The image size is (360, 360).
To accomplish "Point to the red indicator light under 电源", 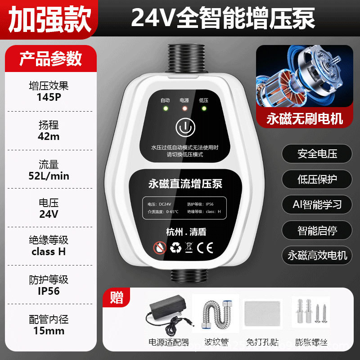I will (184, 108).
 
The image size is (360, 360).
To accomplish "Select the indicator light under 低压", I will (203, 108).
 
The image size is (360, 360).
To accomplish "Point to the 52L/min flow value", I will (49, 175).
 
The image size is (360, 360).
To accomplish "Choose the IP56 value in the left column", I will (49, 291).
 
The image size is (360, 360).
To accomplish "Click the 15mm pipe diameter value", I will (49, 331).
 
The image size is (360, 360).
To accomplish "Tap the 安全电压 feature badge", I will (317, 154).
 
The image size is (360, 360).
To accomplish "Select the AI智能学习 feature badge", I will (317, 205).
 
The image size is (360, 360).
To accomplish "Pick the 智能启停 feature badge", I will (317, 231).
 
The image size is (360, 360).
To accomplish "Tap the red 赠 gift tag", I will (116, 297).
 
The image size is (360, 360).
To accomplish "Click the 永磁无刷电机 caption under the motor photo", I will (304, 118).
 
